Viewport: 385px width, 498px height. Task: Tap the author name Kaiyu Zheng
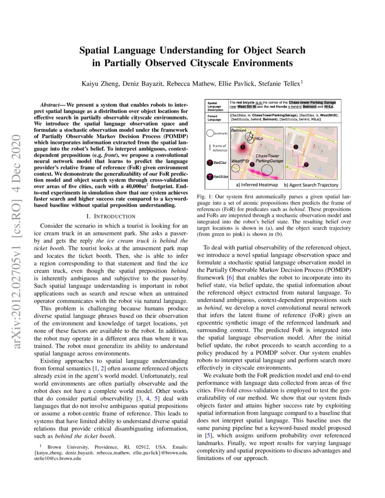(106, 84)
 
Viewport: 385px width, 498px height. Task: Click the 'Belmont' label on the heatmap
(239, 130)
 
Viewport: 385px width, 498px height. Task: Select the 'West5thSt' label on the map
(241, 161)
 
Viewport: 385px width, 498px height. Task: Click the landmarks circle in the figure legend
(210, 134)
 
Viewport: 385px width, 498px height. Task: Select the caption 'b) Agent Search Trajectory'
(312, 185)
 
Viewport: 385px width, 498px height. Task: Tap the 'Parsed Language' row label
(214, 118)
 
